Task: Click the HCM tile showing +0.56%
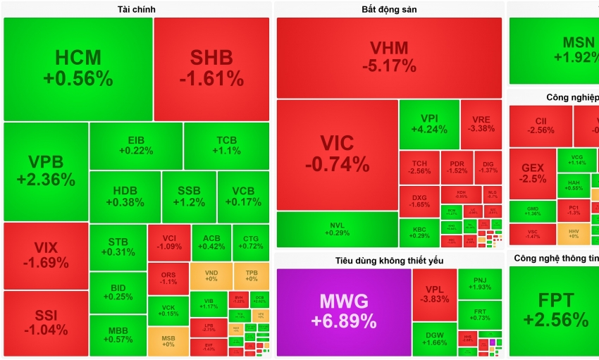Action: point(78,68)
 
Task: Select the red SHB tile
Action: point(211,68)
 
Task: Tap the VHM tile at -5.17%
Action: point(389,58)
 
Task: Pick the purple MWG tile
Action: point(344,311)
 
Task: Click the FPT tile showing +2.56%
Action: point(555,311)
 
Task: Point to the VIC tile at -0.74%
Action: point(337,154)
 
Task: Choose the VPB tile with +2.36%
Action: point(46,171)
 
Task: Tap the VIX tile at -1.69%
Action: point(46,256)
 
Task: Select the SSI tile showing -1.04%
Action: point(46,323)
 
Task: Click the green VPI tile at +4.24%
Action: point(429,124)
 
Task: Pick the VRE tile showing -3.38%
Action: point(481,124)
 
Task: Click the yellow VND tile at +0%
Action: point(210,275)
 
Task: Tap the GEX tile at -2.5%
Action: point(533,173)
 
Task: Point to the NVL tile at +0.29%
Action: point(337,229)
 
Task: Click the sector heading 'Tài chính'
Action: point(136,9)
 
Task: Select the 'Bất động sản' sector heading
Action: point(388,9)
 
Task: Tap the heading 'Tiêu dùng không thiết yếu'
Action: point(388,261)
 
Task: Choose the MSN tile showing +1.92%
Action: point(555,49)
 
